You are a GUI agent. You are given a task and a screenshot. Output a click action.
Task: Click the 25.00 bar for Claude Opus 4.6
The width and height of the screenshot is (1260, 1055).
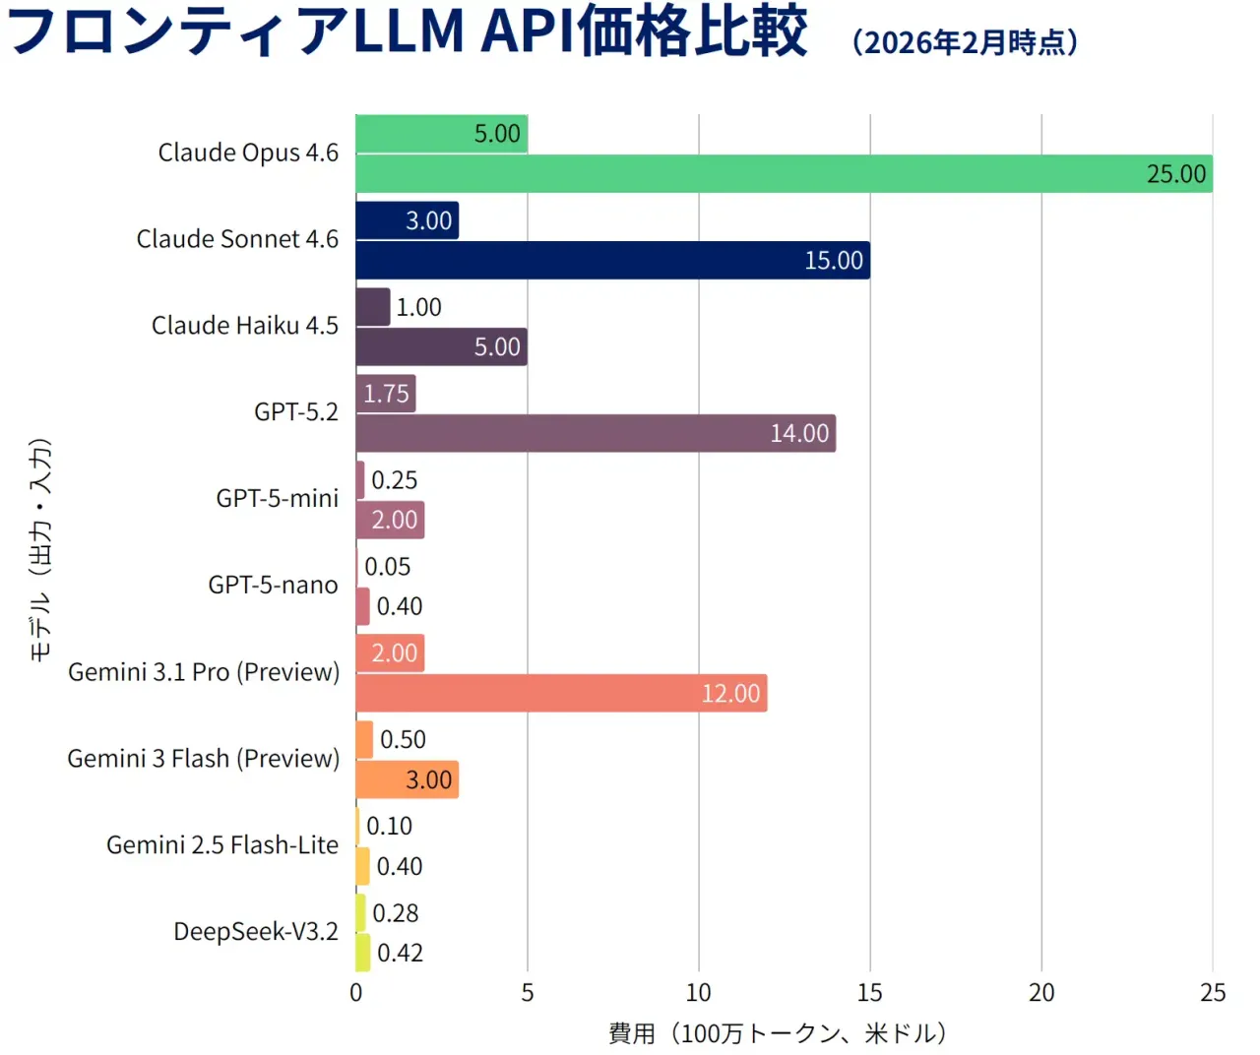pos(784,174)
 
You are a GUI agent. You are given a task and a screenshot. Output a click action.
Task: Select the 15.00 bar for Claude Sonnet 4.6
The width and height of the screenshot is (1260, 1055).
pos(612,261)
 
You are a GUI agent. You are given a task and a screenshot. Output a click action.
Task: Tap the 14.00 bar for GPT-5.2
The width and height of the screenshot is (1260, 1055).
pos(596,434)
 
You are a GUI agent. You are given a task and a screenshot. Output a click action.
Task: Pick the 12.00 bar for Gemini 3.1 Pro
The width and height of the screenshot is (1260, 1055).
pos(561,694)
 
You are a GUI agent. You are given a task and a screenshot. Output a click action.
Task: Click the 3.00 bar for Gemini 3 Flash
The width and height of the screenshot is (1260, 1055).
pos(407,780)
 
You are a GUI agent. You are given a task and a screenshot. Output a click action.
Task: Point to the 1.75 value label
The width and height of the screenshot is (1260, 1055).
pos(386,394)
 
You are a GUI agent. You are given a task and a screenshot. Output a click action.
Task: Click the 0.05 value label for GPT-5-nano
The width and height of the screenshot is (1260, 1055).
pos(388,567)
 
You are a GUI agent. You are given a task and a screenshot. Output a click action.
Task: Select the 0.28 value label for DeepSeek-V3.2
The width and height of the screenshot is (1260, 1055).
pos(396,913)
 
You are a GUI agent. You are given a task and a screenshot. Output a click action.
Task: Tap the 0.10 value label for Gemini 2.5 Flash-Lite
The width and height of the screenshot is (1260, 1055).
pos(390,827)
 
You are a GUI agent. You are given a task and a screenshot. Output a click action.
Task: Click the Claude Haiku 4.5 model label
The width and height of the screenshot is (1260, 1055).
pos(245,326)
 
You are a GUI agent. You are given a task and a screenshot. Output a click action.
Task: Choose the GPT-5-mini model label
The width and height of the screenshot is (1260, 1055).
pos(278,499)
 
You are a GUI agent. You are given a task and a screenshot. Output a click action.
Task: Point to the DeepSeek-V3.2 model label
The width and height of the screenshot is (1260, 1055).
pos(256,932)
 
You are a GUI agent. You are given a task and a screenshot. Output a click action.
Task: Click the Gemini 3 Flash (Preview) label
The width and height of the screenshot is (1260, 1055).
pos(204,759)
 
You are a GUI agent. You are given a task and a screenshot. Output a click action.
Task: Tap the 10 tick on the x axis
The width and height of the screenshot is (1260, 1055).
pos(699,993)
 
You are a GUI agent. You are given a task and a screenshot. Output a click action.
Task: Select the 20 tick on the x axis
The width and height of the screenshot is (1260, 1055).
pos(1041,993)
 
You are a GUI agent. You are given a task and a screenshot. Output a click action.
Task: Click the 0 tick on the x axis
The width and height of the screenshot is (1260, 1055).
pos(356,993)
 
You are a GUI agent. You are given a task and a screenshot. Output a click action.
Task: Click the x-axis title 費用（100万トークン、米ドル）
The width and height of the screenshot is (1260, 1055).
pos(778,1033)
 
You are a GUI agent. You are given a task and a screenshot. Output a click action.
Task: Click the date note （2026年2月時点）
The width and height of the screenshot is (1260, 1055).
pos(965,42)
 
